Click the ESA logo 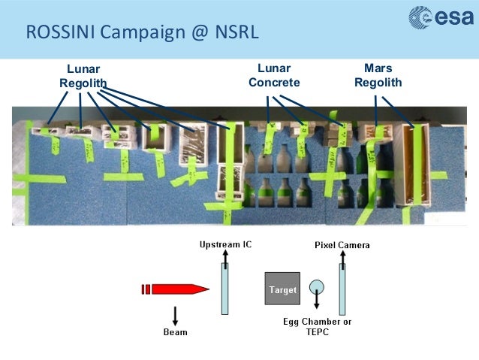click(x=441, y=20)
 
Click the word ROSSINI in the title click(x=59, y=34)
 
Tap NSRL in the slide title click(x=236, y=34)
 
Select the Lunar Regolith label click(x=83, y=76)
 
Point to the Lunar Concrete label click(x=274, y=76)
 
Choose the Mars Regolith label click(x=378, y=76)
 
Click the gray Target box click(x=282, y=289)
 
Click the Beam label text click(x=176, y=331)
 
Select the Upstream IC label click(x=225, y=245)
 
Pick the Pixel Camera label click(x=342, y=245)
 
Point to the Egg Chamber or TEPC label click(x=318, y=326)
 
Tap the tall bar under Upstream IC click(x=225, y=289)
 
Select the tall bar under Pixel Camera click(x=342, y=289)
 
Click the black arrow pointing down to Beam click(x=175, y=313)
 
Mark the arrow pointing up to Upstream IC click(x=225, y=257)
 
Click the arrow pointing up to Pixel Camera click(x=342, y=257)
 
